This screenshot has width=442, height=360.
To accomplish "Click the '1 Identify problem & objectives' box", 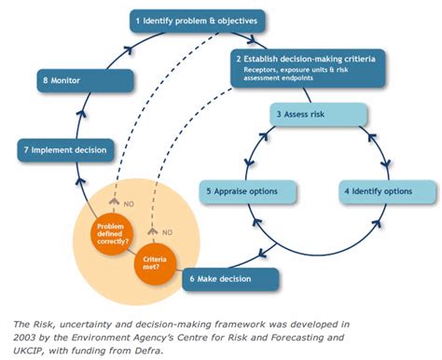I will point(199,19).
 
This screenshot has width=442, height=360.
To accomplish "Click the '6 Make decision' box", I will point(233,279).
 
